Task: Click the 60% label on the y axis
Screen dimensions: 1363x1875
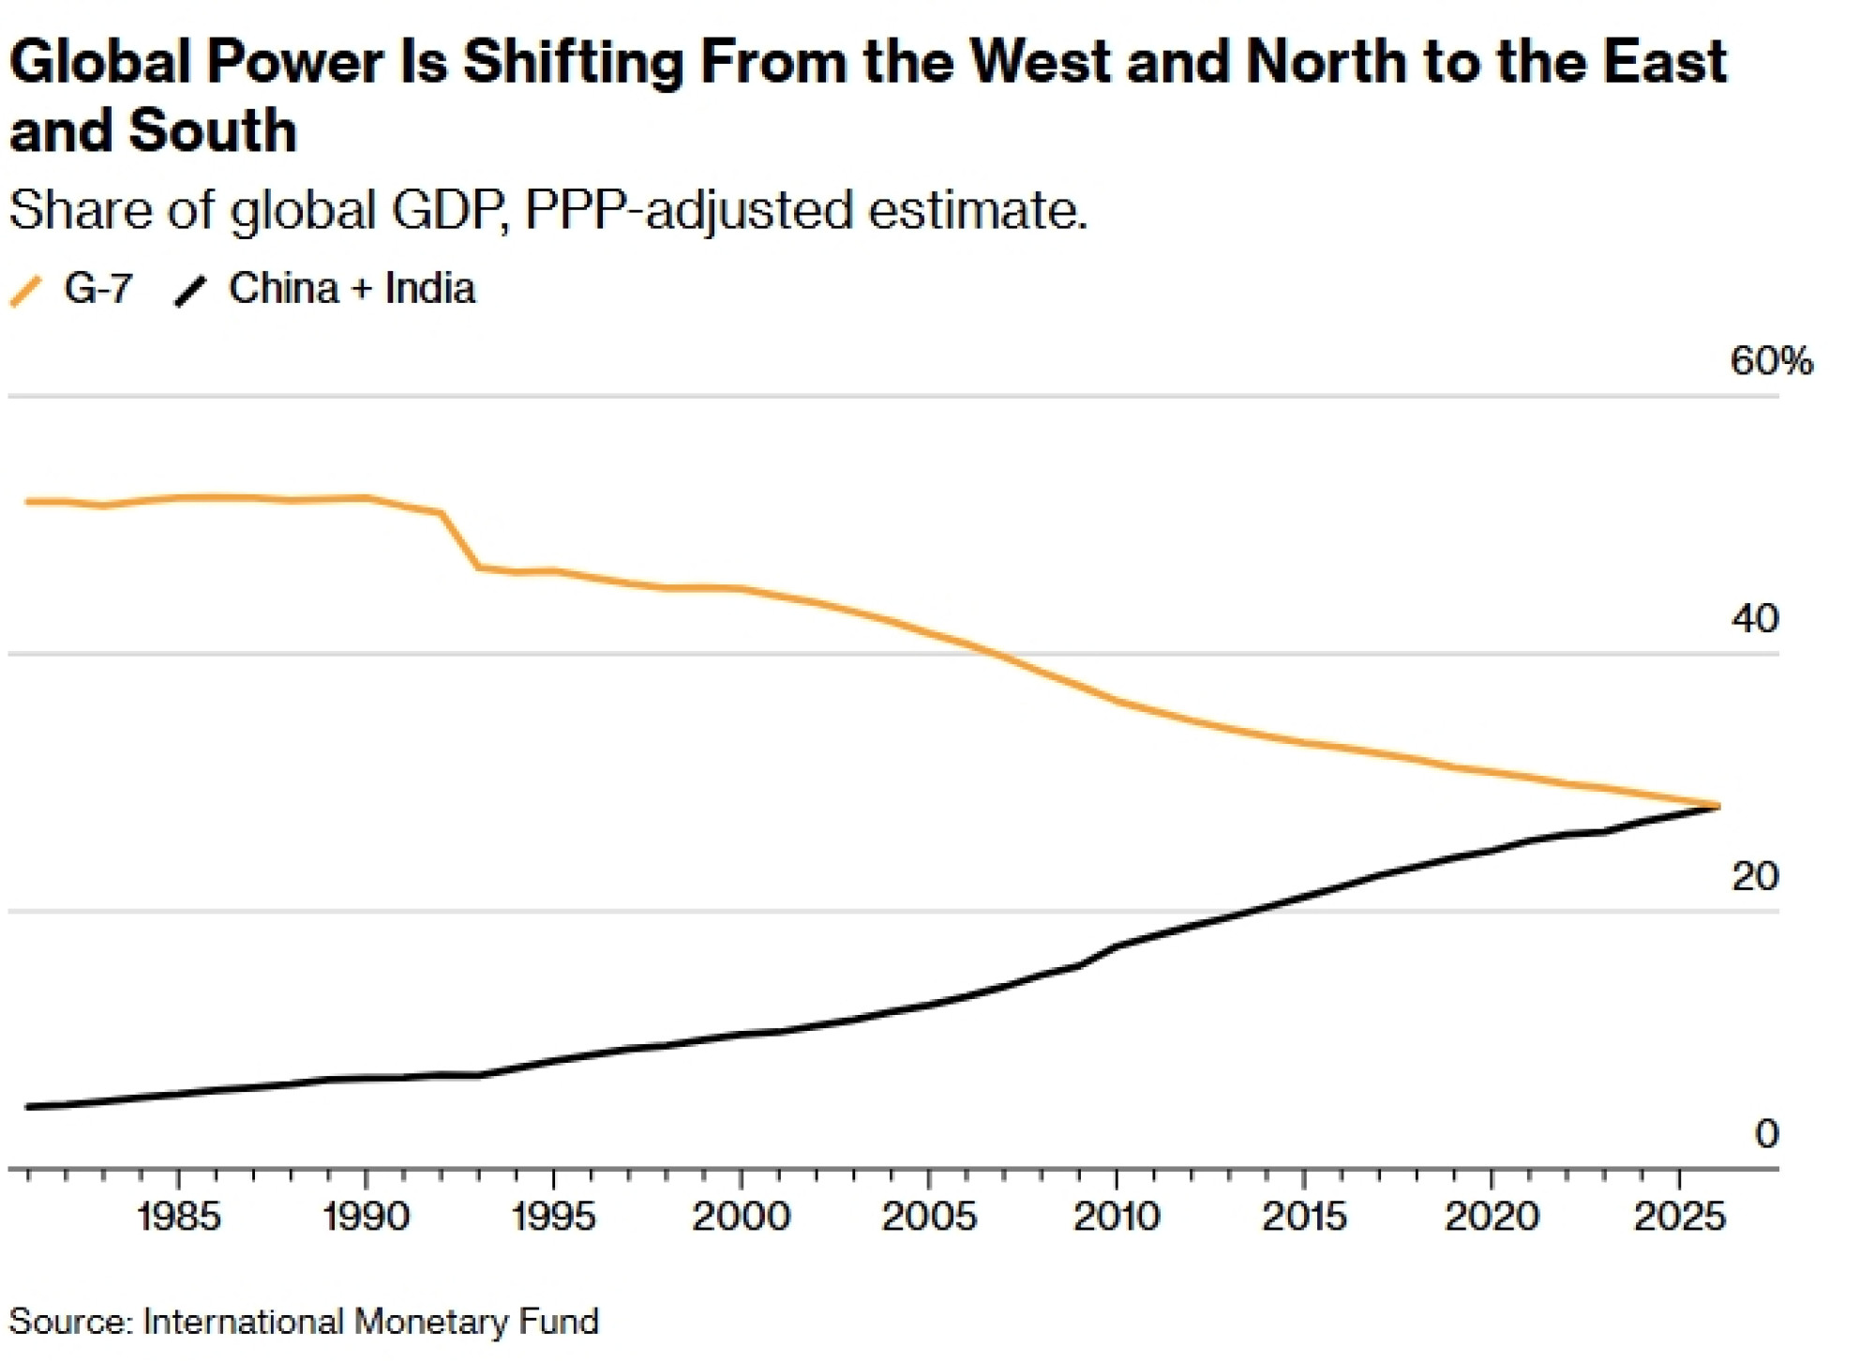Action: pyautogui.click(x=1771, y=361)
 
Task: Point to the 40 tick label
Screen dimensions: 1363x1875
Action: pyautogui.click(x=1754, y=619)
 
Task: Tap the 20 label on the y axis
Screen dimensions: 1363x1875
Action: pyautogui.click(x=1754, y=876)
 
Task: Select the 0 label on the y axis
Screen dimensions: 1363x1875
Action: pyautogui.click(x=1766, y=1134)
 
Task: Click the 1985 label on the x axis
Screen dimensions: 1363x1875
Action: pyautogui.click(x=179, y=1217)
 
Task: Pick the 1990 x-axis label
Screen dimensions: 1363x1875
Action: pyautogui.click(x=367, y=1217)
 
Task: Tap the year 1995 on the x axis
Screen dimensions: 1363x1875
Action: pyautogui.click(x=554, y=1217)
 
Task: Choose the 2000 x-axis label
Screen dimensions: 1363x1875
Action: pyautogui.click(x=742, y=1217)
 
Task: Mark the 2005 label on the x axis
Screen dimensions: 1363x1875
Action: pyautogui.click(x=929, y=1217)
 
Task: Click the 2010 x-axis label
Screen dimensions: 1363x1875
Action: pyautogui.click(x=1117, y=1217)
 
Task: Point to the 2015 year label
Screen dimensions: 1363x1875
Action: pyautogui.click(x=1304, y=1217)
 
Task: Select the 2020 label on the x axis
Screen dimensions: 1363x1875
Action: pyautogui.click(x=1492, y=1217)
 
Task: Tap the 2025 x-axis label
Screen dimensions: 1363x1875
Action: pyautogui.click(x=1679, y=1217)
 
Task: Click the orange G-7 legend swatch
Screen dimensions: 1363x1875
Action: pyautogui.click(x=25, y=291)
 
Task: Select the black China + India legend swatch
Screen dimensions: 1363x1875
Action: pyautogui.click(x=190, y=291)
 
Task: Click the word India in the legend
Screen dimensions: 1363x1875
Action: pyautogui.click(x=430, y=288)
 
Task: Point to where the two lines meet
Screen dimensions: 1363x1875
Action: pyautogui.click(x=1717, y=806)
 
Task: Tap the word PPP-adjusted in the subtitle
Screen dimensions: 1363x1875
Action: pyautogui.click(x=689, y=209)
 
